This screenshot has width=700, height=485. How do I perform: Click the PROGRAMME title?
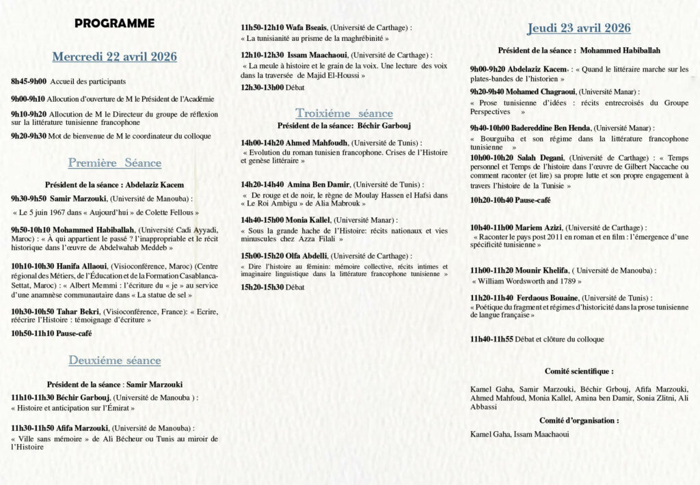[x=114, y=23]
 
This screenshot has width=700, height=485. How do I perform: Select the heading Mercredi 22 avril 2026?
[x=114, y=56]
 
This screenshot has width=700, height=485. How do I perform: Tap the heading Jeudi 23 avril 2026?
[x=578, y=28]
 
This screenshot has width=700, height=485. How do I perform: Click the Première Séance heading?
[x=114, y=163]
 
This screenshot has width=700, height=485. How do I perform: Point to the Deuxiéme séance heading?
[x=114, y=361]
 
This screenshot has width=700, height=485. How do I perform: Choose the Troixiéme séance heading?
[x=344, y=113]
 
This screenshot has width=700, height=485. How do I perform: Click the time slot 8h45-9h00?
[x=29, y=81]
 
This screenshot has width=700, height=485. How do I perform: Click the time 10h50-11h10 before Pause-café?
[x=33, y=333]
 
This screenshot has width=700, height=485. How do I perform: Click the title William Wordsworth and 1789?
[x=526, y=281]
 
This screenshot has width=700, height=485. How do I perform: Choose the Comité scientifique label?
[x=578, y=371]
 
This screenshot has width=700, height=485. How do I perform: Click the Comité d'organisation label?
[x=578, y=421]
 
